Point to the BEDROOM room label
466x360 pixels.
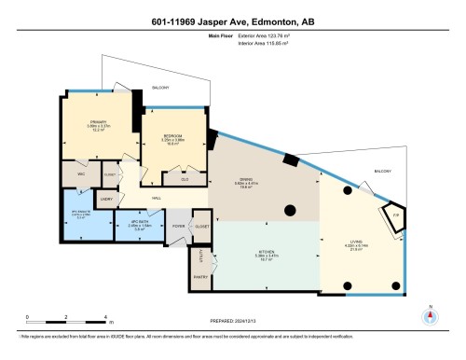(172, 135)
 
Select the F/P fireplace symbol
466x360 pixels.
(395, 215)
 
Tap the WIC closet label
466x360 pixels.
(80, 174)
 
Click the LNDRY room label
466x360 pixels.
(107, 199)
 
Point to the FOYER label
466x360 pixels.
(178, 225)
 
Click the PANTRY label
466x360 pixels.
(199, 278)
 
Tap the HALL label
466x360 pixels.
(157, 199)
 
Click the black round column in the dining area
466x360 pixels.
(290, 210)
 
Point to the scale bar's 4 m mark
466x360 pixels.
(107, 318)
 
